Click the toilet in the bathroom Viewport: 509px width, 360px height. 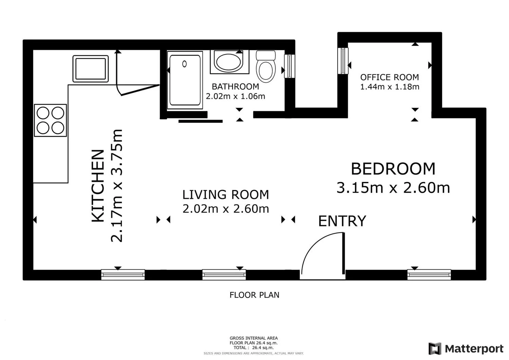[266, 67]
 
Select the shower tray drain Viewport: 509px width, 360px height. [185, 64]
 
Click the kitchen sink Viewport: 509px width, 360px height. [91, 69]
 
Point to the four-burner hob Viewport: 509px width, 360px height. [51, 120]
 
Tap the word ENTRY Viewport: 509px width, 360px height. [342, 221]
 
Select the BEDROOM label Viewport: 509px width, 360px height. [393, 169]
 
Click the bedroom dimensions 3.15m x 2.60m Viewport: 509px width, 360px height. [393, 188]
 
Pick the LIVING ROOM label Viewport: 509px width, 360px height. [226, 195]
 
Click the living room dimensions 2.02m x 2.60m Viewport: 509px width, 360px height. [226, 209]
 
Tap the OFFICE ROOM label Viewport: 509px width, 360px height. [390, 77]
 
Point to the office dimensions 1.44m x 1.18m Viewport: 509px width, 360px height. [390, 87]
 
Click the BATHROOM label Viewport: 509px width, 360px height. [235, 87]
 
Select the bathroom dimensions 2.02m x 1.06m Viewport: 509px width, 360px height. [235, 96]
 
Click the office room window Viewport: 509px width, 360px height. [343, 61]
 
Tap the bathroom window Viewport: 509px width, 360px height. [290, 66]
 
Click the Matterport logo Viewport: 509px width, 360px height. [466, 348]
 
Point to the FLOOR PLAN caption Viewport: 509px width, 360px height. [254, 295]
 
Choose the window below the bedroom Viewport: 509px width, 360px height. [429, 275]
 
